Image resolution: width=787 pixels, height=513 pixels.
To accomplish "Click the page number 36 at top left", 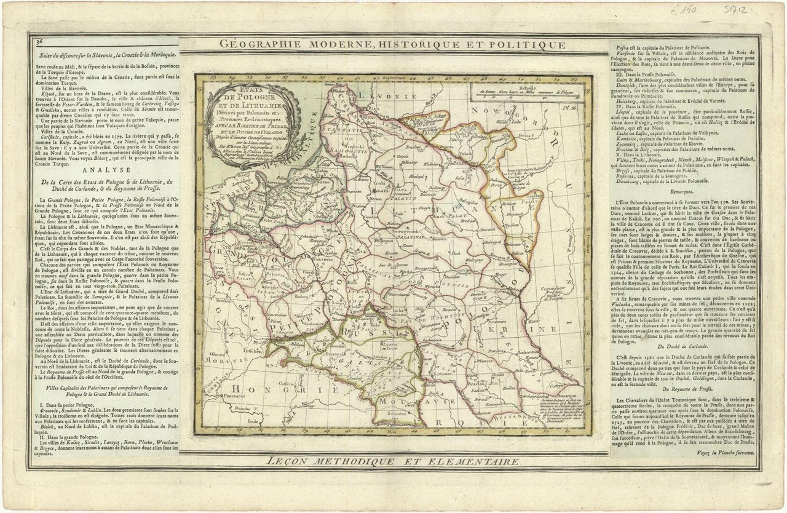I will click(39, 41).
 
